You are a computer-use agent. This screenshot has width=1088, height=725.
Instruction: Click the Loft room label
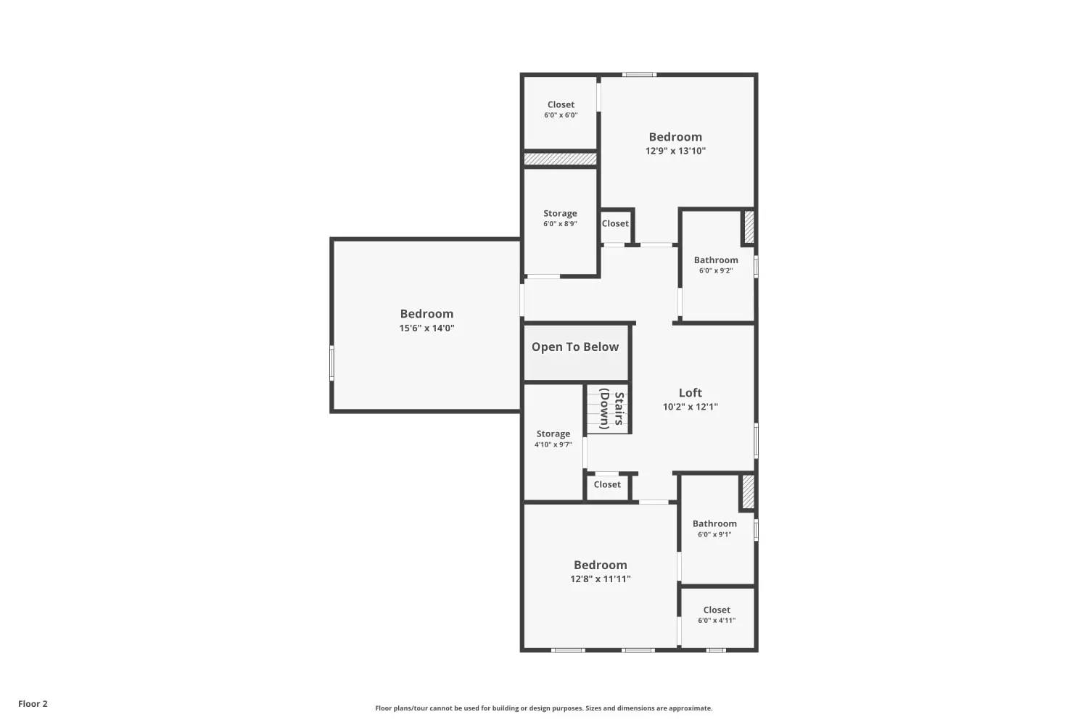click(x=690, y=393)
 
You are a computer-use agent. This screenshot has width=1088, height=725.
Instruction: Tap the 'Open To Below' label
click(x=575, y=347)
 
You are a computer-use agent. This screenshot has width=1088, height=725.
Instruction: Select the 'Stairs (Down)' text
click(x=613, y=410)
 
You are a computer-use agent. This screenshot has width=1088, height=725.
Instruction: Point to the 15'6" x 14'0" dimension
click(x=426, y=328)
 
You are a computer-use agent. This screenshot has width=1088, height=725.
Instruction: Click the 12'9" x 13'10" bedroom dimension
click(x=675, y=151)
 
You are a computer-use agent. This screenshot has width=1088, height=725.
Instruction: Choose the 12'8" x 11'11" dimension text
click(x=600, y=579)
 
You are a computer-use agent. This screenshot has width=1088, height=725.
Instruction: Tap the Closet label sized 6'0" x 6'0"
click(x=561, y=105)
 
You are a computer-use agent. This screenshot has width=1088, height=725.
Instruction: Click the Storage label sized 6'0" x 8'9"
click(x=560, y=214)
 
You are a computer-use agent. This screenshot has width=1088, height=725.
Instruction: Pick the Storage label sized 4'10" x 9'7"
click(x=553, y=434)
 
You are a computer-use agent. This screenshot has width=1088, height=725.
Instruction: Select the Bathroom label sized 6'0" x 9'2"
click(x=716, y=260)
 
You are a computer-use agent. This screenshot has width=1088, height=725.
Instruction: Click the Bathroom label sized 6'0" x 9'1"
click(x=714, y=523)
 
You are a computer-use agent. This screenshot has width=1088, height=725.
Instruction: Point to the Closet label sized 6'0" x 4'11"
click(x=717, y=610)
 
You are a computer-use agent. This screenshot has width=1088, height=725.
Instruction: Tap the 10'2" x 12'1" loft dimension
click(x=690, y=407)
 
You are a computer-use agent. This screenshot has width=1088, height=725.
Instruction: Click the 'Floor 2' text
click(x=33, y=704)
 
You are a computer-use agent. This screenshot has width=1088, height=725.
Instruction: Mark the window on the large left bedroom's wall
click(x=332, y=362)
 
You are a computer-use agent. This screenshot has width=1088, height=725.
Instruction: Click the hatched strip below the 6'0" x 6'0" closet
click(x=560, y=158)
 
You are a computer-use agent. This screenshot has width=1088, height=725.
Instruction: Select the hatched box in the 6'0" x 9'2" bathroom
click(x=749, y=226)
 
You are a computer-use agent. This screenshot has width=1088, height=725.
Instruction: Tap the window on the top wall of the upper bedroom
click(x=639, y=75)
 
